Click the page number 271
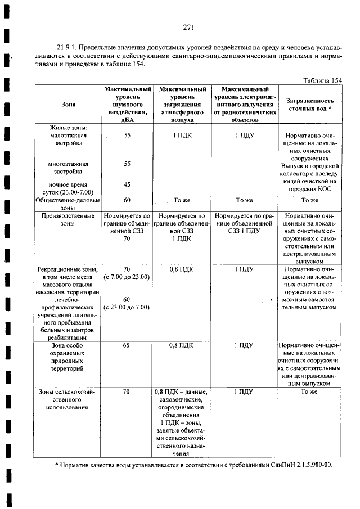pos(188,26)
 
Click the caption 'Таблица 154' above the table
pos(322,80)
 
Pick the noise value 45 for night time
pos(127,184)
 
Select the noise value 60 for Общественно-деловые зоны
pos(127,200)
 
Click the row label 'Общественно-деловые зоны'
pos(68,204)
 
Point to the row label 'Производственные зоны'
pos(68,219)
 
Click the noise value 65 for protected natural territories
pos(127,345)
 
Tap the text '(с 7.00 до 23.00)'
pos(127,277)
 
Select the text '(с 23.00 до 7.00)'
pos(127,307)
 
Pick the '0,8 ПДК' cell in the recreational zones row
pos(182,269)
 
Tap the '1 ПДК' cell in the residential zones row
pos(182,136)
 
